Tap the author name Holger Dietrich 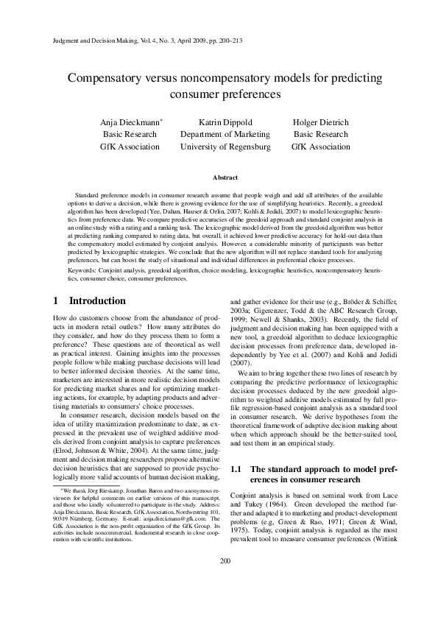[x=320, y=121]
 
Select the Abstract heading [x=225, y=178]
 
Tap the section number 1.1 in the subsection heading [x=239, y=469]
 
